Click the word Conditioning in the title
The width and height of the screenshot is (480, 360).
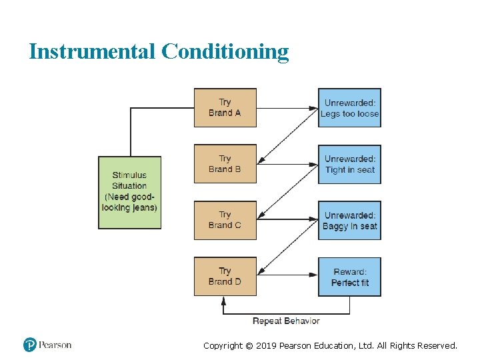point(225,51)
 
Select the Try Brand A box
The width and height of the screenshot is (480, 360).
point(225,107)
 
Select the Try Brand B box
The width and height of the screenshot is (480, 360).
point(225,164)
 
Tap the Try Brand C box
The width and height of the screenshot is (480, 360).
point(225,220)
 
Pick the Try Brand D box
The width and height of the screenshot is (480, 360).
point(225,276)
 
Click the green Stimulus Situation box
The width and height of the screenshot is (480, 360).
point(130,193)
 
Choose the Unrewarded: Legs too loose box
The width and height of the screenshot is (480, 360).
point(349,108)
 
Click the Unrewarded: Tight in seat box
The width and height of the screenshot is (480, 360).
point(349,164)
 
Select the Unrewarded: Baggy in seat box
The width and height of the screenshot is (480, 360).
point(349,221)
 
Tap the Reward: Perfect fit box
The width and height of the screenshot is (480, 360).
point(349,277)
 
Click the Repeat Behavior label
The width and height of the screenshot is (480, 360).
point(286,321)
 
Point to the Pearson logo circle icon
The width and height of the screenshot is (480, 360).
point(29,345)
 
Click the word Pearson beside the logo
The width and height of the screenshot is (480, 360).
point(55,345)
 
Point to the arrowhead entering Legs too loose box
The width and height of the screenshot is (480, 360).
point(315,107)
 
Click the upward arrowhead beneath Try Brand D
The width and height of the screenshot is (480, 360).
point(224,300)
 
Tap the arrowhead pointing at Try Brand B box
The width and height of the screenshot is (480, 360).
point(261,161)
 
